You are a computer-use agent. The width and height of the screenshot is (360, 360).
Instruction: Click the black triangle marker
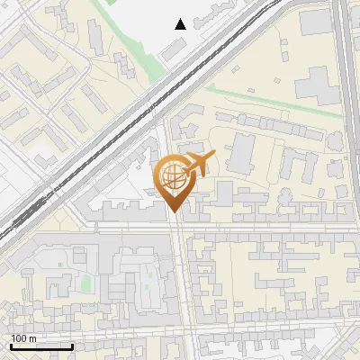[181, 24]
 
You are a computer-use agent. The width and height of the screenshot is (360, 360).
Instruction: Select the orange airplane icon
[199, 164]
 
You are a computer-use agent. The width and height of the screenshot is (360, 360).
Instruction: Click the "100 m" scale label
[25, 338]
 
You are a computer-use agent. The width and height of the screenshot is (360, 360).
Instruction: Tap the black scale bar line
[41, 346]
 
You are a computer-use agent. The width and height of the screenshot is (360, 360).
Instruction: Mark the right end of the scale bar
[73, 346]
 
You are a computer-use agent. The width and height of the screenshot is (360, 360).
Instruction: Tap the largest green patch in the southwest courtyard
[86, 283]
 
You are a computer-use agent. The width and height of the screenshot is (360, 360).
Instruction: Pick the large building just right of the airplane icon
[241, 154]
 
